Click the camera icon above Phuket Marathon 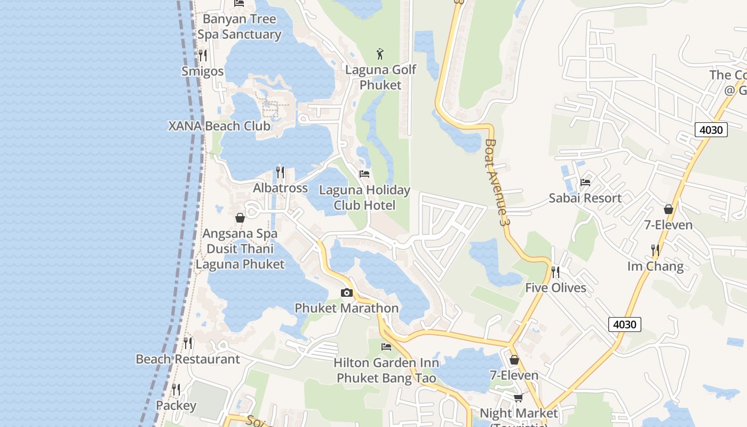347,292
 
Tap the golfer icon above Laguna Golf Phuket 380,54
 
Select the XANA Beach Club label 219,126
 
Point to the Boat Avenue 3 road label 495,181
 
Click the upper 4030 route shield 711,130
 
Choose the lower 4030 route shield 624,324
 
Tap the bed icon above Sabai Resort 585,183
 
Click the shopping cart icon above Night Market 518,398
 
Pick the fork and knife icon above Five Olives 555,272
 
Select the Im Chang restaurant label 655,266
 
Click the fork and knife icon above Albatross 280,172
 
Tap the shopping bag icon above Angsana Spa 240,218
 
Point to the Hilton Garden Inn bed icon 386,347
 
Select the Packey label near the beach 176,406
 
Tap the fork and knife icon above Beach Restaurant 188,343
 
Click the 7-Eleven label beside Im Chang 668,225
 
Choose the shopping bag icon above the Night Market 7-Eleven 514,360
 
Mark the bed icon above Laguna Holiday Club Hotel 364,174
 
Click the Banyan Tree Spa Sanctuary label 240,27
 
